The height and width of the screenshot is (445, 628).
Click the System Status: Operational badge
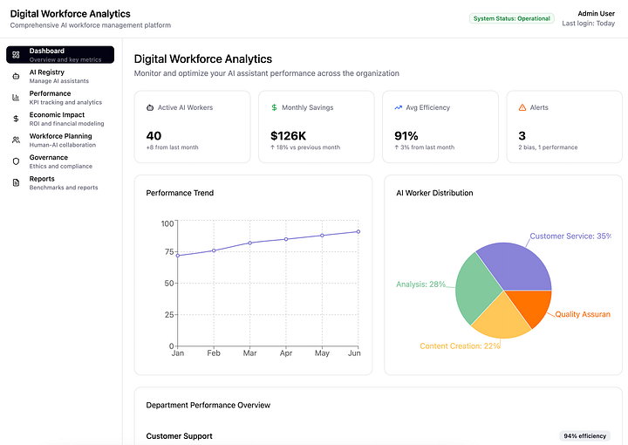tap(512, 18)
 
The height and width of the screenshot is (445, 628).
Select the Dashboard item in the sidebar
tap(60, 55)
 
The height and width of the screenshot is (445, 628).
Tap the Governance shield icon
tap(16, 161)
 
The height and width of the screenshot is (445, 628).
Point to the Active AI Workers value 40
tap(154, 135)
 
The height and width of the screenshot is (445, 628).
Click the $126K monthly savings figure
tap(288, 135)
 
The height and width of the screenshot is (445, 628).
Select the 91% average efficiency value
tap(406, 135)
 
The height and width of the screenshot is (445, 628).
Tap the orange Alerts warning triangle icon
tap(522, 107)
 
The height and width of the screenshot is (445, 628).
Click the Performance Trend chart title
tap(180, 193)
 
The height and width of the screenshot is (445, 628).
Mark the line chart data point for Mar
tap(250, 243)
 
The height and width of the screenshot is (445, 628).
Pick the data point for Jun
tap(358, 231)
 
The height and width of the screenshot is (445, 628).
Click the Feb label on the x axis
tap(214, 353)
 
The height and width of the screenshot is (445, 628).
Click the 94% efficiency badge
tap(585, 435)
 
